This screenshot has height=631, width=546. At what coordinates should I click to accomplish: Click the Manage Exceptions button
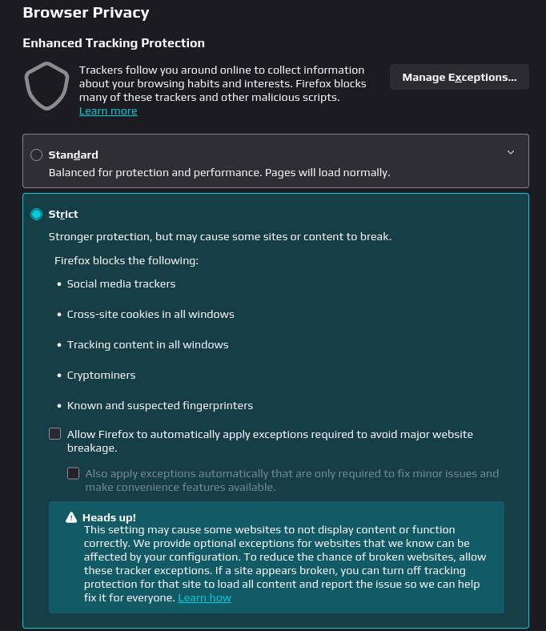[x=459, y=77]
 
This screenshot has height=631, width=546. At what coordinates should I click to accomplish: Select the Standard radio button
[x=36, y=155]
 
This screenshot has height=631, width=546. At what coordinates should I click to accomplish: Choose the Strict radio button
[x=36, y=214]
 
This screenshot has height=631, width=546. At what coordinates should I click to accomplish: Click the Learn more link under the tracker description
[x=108, y=111]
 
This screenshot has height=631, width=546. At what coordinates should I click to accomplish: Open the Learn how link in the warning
[x=204, y=597]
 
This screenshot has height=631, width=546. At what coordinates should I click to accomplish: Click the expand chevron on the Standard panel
[x=511, y=152]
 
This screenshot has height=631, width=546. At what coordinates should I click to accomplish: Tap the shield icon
[x=46, y=86]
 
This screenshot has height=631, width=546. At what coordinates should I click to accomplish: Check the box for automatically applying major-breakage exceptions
[x=55, y=434]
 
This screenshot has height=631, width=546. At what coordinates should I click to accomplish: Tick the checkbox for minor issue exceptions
[x=74, y=473]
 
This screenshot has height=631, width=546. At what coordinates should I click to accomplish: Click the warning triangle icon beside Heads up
[x=71, y=517]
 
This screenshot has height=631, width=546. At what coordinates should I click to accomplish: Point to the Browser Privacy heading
[x=86, y=13]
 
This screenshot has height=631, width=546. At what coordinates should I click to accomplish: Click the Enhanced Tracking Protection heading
[x=114, y=43]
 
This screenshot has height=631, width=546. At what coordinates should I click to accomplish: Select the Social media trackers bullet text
[x=121, y=283]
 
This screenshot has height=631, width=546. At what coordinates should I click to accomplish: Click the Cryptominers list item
[x=101, y=375]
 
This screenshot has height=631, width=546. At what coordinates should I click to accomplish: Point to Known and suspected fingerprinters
[x=160, y=405]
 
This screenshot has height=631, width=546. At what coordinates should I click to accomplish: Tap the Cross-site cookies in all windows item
[x=151, y=314]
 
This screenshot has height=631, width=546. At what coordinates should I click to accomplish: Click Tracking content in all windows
[x=147, y=344]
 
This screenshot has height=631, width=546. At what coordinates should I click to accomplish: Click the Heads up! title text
[x=109, y=517]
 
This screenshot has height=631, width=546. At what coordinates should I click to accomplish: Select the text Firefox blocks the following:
[x=126, y=260]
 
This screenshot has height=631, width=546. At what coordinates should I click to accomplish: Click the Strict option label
[x=63, y=214]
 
